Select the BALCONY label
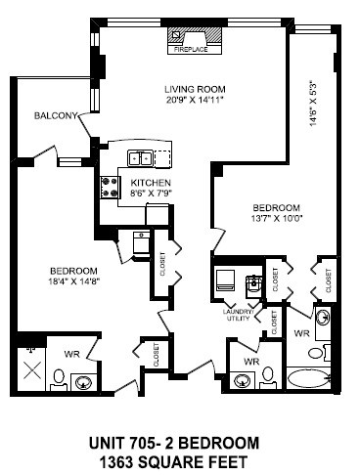point(56,116)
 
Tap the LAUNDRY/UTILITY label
point(239,316)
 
